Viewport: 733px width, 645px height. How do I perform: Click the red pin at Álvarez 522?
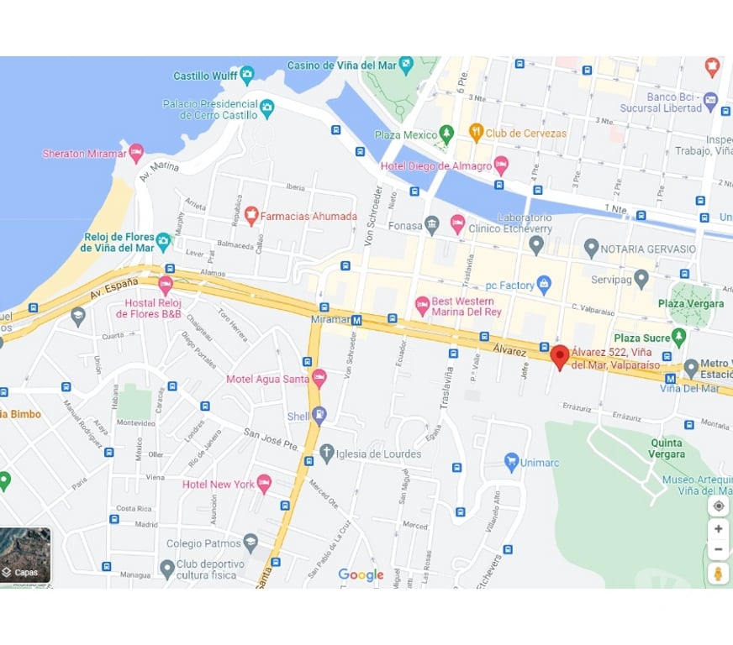pyautogui.click(x=559, y=355)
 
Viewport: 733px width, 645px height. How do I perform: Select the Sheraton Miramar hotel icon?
pyautogui.click(x=136, y=154)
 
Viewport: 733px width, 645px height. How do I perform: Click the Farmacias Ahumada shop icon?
pyautogui.click(x=250, y=216)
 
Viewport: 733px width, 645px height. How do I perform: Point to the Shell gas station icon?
pyautogui.click(x=319, y=416)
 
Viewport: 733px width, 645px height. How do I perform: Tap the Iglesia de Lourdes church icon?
pyautogui.click(x=327, y=454)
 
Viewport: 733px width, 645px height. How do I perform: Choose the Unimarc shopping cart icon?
pyautogui.click(x=511, y=461)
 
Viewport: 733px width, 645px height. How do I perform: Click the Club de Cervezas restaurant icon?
pyautogui.click(x=477, y=133)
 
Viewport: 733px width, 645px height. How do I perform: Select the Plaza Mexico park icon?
pyautogui.click(x=447, y=134)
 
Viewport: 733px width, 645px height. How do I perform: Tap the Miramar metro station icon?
pyautogui.click(x=356, y=320)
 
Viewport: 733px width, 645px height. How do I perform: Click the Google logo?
pyautogui.click(x=361, y=575)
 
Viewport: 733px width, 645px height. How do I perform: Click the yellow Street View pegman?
pyautogui.click(x=718, y=574)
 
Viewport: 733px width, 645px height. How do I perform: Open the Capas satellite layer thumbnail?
pyautogui.click(x=25, y=555)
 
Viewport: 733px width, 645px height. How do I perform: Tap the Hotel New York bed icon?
pyautogui.click(x=264, y=484)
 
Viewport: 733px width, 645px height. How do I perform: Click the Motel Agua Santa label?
pyautogui.click(x=267, y=379)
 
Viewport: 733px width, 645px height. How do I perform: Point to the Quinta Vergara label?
pyautogui.click(x=666, y=448)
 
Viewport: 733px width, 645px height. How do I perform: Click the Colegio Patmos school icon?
pyautogui.click(x=250, y=543)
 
